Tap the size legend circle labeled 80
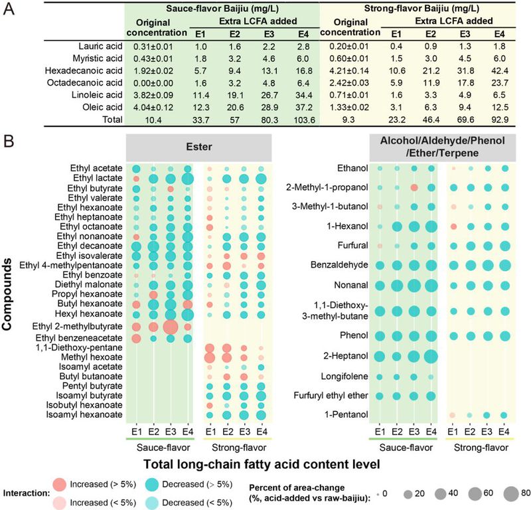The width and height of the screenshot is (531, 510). coord(509,494)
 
